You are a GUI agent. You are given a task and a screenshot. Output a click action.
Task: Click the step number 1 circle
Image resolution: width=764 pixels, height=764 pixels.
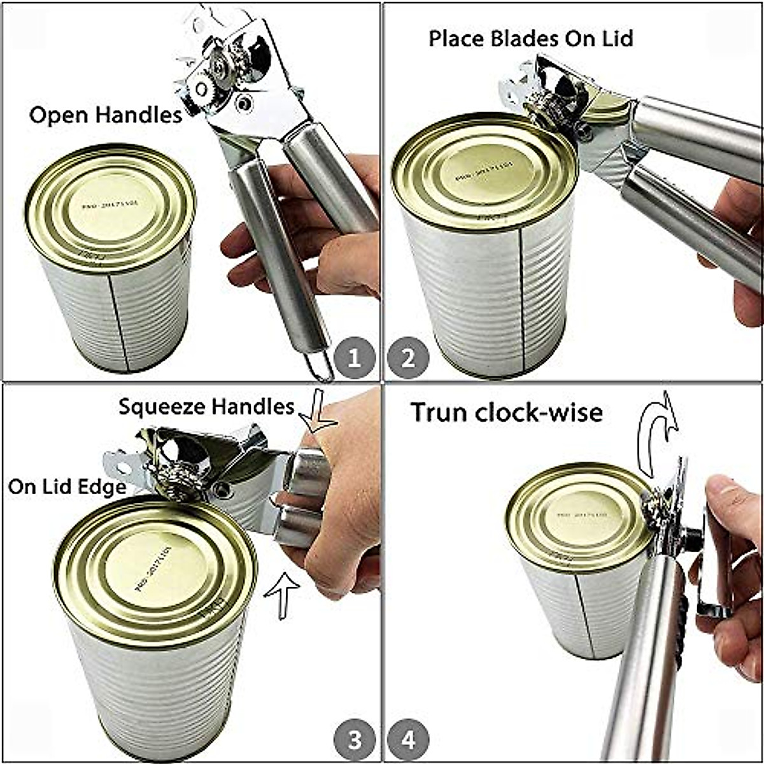[x=355, y=358]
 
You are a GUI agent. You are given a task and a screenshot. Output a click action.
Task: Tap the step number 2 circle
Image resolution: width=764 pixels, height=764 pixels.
[x=409, y=358]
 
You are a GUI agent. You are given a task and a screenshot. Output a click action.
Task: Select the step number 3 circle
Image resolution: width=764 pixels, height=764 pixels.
[x=355, y=740]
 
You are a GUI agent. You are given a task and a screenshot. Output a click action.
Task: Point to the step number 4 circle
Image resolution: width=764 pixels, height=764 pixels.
[x=409, y=740]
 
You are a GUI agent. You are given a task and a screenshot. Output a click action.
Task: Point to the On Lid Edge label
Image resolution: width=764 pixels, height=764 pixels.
[x=67, y=487]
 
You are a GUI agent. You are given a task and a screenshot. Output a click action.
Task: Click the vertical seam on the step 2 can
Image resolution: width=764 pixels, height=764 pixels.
[x=522, y=299]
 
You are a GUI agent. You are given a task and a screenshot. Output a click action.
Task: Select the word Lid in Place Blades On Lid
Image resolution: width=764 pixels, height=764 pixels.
[x=617, y=39]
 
